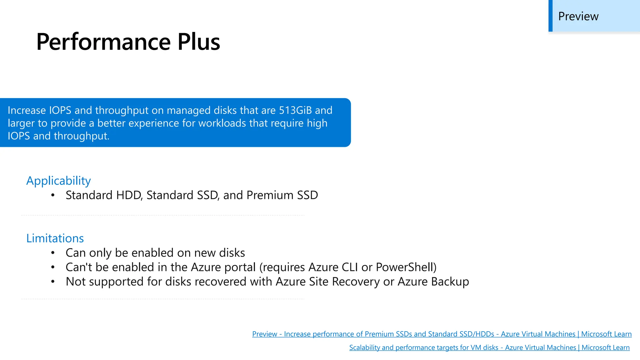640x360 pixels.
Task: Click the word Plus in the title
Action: (x=199, y=42)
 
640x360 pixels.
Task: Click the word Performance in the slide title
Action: (x=103, y=42)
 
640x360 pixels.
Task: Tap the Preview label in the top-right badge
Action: (x=578, y=16)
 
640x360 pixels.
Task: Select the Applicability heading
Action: (x=58, y=181)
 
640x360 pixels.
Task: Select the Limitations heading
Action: (x=55, y=238)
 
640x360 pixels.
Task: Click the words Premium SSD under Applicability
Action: (x=282, y=195)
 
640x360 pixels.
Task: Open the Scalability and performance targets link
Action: (x=489, y=347)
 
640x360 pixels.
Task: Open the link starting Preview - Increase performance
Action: (x=442, y=334)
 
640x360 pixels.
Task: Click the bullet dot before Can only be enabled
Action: (x=53, y=253)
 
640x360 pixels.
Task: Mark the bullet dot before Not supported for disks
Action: (x=53, y=282)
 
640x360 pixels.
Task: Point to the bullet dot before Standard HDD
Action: (x=53, y=195)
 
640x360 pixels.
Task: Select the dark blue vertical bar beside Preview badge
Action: (x=550, y=16)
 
